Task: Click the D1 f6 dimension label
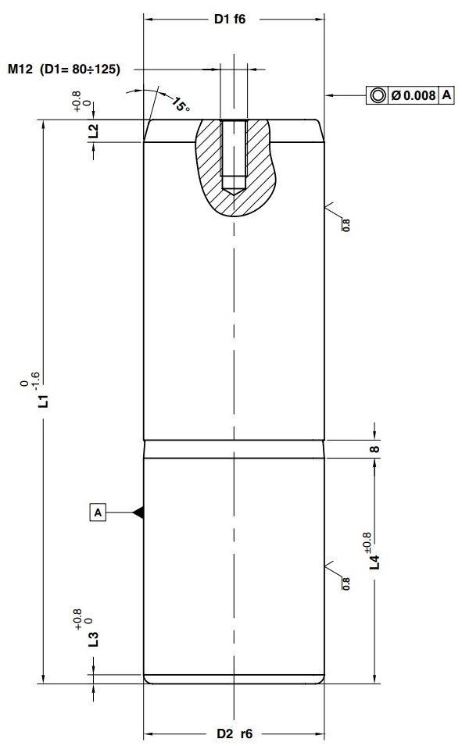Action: (231, 20)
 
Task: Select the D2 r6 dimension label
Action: (235, 734)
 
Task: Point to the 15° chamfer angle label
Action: (181, 104)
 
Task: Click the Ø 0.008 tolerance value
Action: (413, 95)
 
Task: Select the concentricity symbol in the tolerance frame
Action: (378, 95)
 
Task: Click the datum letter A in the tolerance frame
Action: (447, 95)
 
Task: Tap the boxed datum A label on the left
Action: (98, 512)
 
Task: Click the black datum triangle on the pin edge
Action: (138, 512)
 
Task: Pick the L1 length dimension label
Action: (45, 401)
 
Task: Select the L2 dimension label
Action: (93, 130)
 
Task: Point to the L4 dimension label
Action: (374, 561)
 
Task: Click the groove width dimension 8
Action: (374, 449)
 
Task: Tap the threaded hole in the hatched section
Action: (234, 156)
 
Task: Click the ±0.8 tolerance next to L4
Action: (367, 540)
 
